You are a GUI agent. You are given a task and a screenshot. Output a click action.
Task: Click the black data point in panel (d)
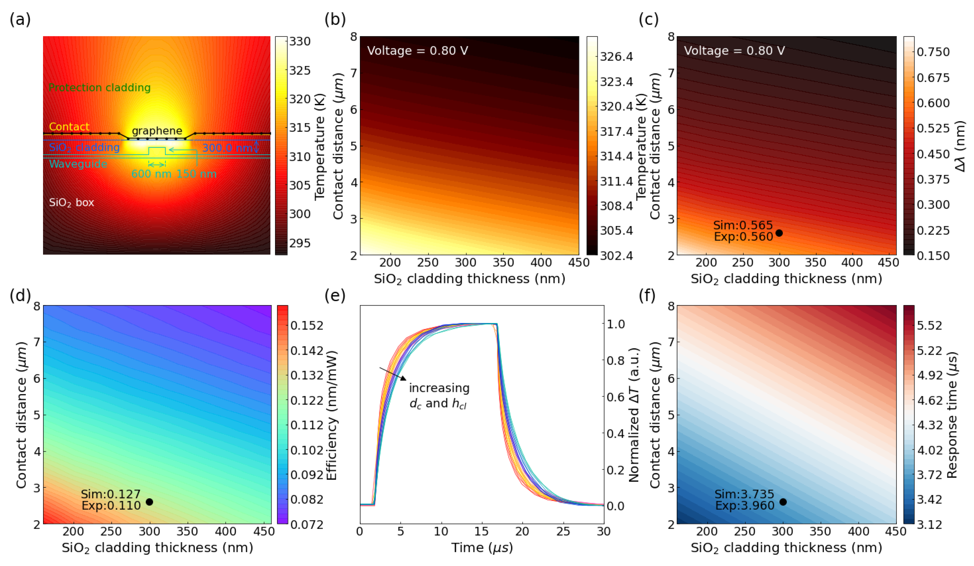pyautogui.click(x=149, y=502)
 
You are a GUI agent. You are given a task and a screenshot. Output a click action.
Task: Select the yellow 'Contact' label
pyautogui.click(x=69, y=127)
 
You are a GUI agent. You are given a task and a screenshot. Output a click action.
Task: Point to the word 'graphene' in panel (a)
pyautogui.click(x=157, y=131)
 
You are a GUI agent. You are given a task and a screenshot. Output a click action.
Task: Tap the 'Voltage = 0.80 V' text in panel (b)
pyautogui.click(x=418, y=51)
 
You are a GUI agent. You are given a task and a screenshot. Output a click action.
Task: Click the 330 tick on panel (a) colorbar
pyautogui.click(x=300, y=41)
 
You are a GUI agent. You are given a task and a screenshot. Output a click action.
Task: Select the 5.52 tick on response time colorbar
pyautogui.click(x=929, y=325)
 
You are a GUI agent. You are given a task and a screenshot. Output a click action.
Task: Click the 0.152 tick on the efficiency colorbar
pyautogui.click(x=307, y=325)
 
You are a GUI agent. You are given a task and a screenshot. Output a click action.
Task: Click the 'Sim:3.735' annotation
pyautogui.click(x=744, y=494)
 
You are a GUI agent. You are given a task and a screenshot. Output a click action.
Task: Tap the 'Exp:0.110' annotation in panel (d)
pyautogui.click(x=111, y=505)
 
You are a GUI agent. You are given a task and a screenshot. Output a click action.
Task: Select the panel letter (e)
pyautogui.click(x=335, y=295)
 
